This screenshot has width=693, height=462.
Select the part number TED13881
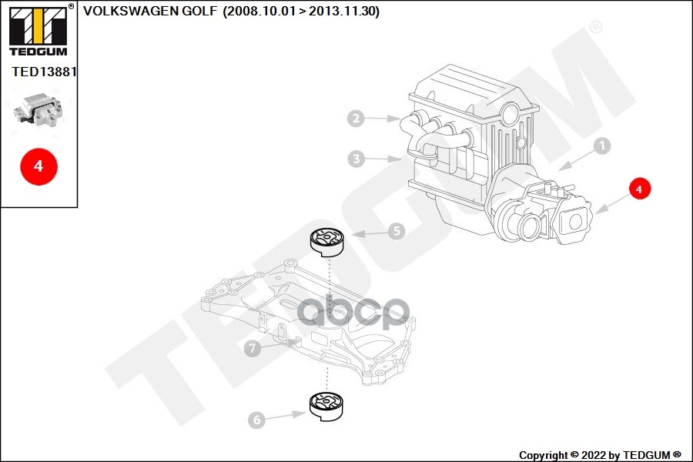click(44, 72)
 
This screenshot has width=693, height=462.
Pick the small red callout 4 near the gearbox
click(639, 187)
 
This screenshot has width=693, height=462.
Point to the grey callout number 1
click(601, 145)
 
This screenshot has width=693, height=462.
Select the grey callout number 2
click(355, 119)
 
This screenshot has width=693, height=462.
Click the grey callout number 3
click(355, 159)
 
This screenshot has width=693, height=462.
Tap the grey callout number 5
click(396, 230)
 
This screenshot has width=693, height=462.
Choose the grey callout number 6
click(256, 420)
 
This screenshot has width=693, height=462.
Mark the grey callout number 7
click(252, 349)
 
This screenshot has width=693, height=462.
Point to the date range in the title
click(300, 12)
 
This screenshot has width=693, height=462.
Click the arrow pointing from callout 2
click(381, 119)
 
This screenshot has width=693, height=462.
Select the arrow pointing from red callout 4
click(612, 202)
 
